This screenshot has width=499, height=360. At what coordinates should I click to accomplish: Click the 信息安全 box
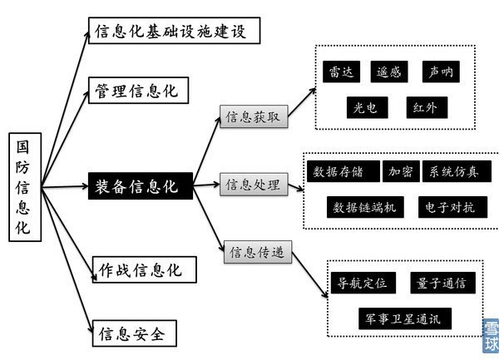132,334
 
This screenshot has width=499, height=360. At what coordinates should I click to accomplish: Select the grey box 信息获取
253,117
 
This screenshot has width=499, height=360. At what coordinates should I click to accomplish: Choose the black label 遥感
389,72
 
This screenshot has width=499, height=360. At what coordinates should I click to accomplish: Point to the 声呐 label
440,72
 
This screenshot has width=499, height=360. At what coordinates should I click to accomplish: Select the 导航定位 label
358,283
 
